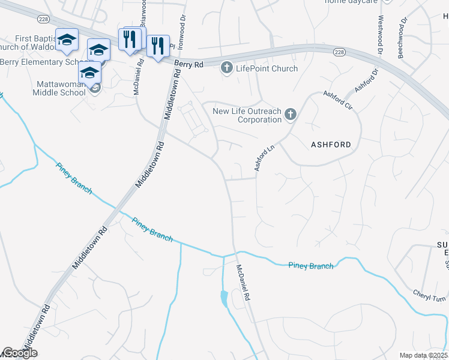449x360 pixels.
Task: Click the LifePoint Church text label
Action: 267,68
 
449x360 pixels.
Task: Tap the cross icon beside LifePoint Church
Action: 227,68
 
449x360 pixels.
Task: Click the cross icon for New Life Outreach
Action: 290,114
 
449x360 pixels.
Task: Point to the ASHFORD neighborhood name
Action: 330,145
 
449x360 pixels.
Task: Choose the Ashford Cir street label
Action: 338,100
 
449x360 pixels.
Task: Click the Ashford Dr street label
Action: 367,80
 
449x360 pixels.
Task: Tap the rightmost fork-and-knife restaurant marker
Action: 157,46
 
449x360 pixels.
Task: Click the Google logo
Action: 19,353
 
